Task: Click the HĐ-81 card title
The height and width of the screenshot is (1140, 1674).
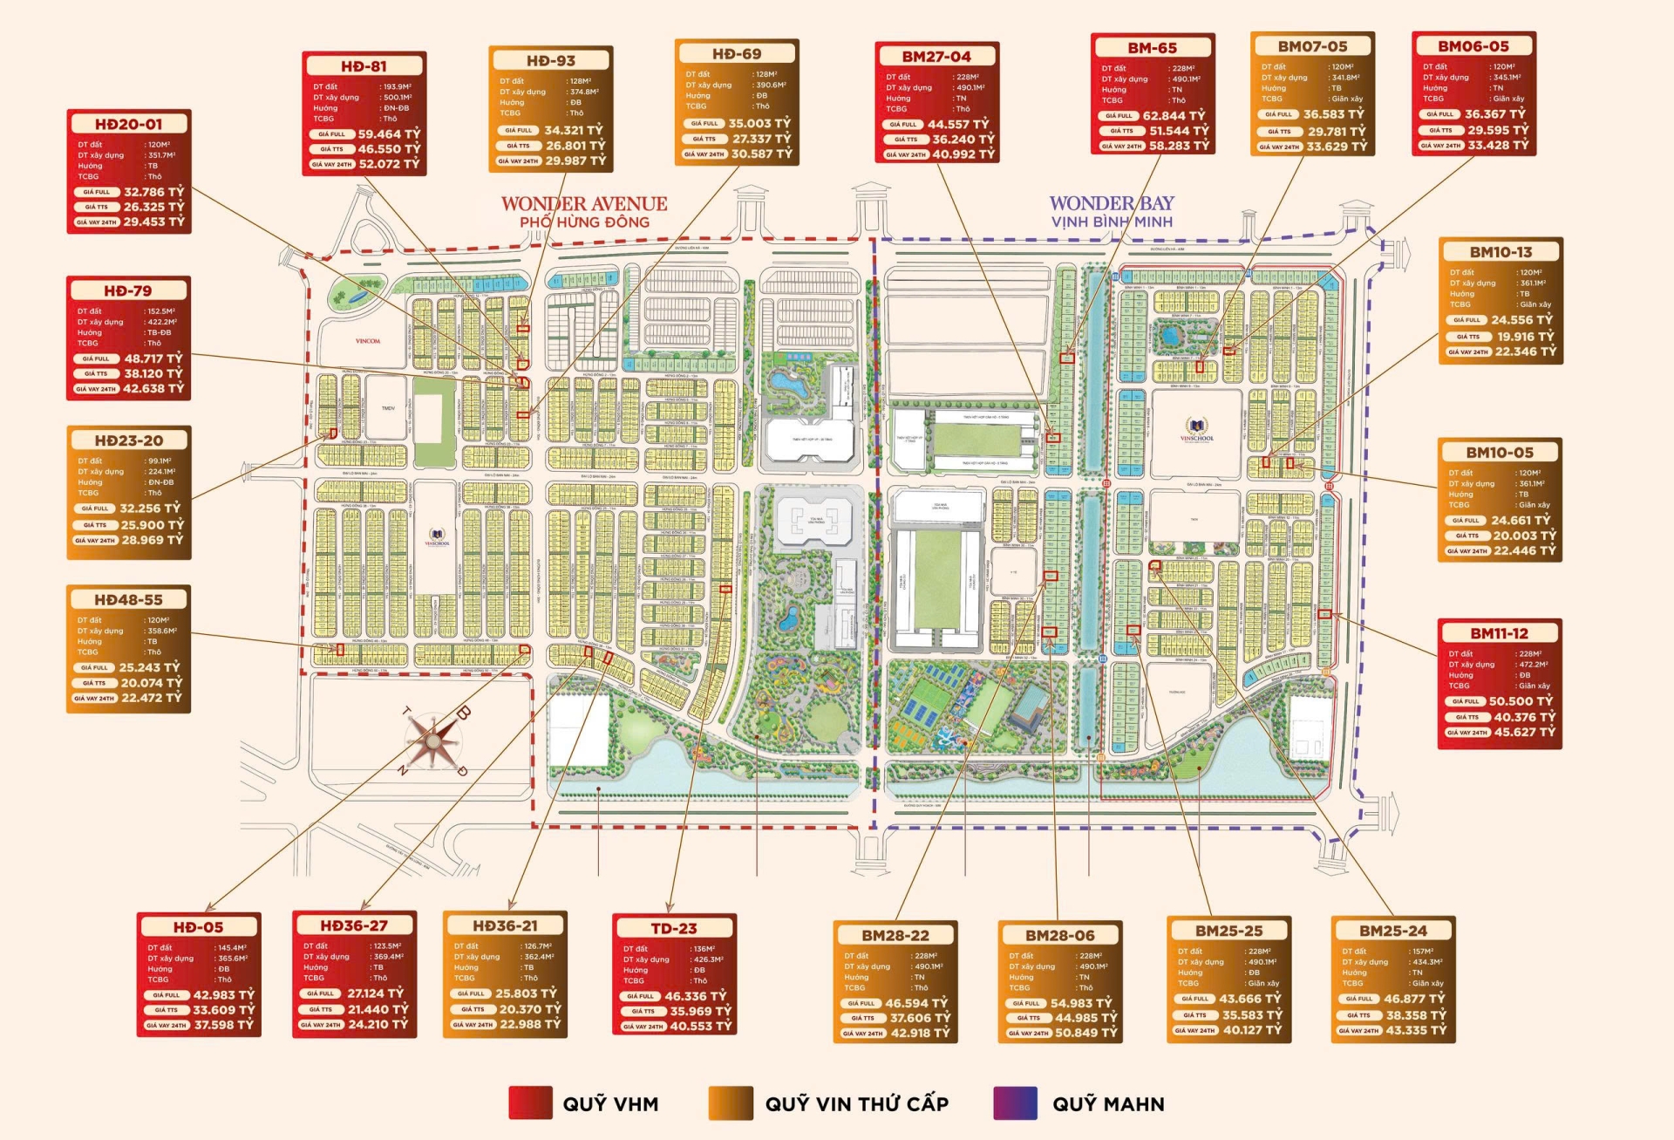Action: pos(364,66)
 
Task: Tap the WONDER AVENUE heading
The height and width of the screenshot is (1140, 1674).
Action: pos(583,203)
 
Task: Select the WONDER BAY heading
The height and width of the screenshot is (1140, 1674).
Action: pos(1112,202)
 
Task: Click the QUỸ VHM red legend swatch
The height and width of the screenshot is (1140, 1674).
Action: pos(530,1103)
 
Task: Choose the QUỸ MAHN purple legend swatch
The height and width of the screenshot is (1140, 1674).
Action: pos(1015,1103)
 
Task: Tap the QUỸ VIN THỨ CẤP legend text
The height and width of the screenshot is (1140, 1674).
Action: pos(856,1104)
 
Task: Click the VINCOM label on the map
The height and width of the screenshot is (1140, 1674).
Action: pos(368,341)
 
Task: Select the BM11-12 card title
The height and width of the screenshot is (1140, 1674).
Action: pos(1499,633)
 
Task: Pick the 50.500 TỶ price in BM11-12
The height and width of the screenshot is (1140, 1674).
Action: pos(1521,701)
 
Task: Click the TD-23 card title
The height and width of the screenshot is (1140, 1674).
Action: pos(674,928)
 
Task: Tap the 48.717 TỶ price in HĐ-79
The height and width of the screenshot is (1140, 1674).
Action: pos(153,358)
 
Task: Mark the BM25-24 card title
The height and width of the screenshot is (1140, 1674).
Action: pos(1392,931)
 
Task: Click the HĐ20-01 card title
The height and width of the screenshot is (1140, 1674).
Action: pos(128,124)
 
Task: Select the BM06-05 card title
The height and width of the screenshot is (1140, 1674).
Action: pos(1473,46)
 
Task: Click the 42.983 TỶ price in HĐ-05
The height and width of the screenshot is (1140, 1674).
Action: pos(223,994)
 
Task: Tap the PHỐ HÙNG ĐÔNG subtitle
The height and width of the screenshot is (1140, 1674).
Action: pos(584,222)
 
